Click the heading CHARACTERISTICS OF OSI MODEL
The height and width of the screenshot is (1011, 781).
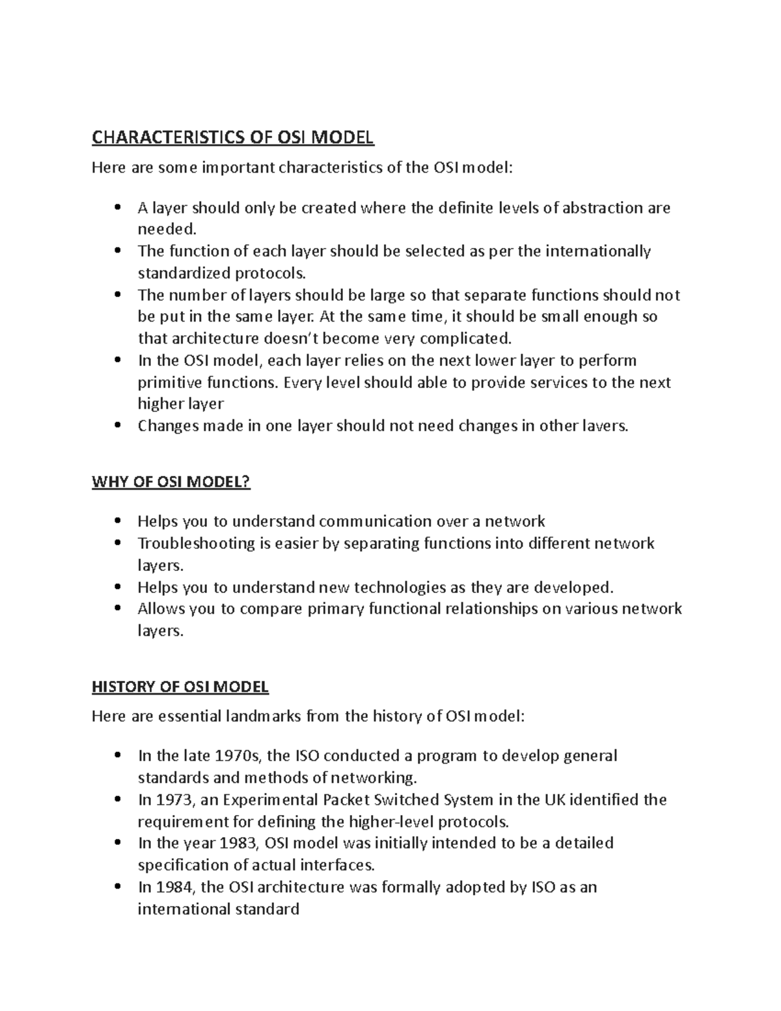point(233,137)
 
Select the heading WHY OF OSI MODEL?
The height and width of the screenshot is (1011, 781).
point(171,482)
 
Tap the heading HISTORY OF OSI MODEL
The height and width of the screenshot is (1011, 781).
point(180,687)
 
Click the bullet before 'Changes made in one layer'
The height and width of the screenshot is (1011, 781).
point(117,426)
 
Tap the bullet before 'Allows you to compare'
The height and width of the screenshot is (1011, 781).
point(117,609)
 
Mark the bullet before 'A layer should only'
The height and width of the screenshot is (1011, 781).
point(117,208)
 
